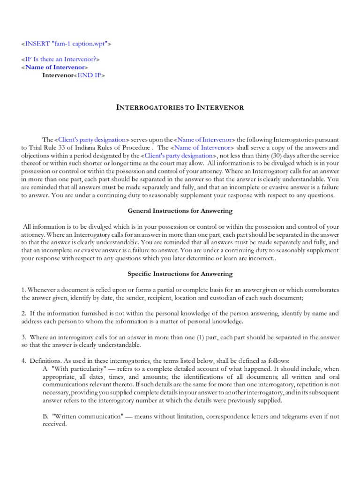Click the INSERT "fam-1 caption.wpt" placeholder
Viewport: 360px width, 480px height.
[66, 44]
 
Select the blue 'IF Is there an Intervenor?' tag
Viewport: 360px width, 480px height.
[60, 59]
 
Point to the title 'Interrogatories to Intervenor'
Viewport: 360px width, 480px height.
[180, 107]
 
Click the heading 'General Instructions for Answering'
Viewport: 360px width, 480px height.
[180, 211]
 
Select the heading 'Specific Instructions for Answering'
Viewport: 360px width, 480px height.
[180, 273]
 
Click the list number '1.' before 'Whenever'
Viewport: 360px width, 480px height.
[24, 289]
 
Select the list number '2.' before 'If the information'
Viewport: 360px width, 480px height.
[24, 313]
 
